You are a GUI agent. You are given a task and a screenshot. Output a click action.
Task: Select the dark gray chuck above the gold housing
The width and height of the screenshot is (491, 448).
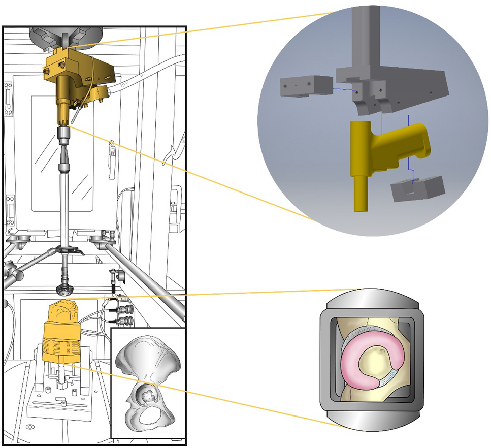pos(64,36)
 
